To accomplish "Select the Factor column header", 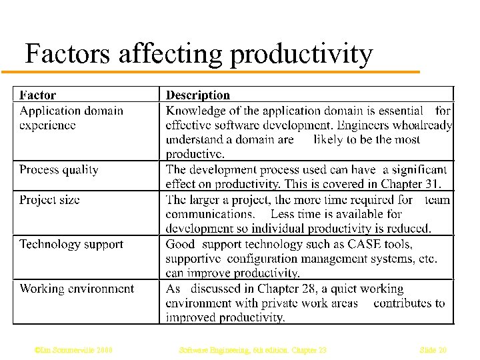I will point(38,95).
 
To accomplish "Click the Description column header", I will point(198,95).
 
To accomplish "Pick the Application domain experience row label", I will point(71,117).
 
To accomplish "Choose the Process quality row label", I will point(59,169).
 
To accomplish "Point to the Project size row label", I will point(49,199).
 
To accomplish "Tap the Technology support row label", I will point(71,244).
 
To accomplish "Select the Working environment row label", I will point(77,289).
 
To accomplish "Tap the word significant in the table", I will point(419,169).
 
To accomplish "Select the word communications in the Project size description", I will point(210,214).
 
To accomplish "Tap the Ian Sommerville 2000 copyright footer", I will point(73,349).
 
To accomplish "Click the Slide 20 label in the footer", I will point(433,349).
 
